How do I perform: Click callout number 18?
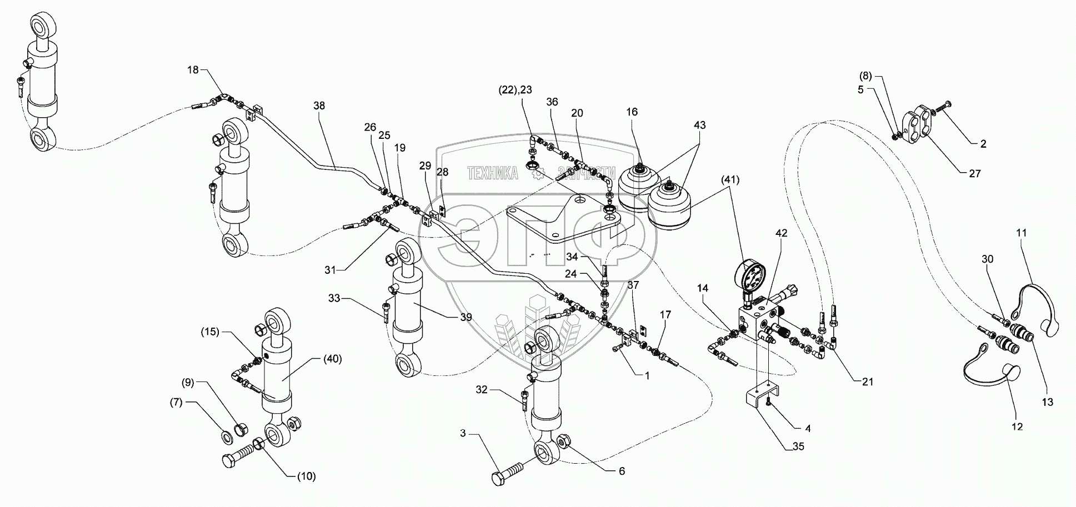point(192,70)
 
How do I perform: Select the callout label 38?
point(319,106)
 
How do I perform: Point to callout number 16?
point(632,112)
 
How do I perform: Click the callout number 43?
point(699,126)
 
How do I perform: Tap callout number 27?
point(975,174)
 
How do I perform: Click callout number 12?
point(1017,427)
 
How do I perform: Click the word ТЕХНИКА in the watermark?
point(492,174)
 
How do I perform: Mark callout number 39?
point(466,317)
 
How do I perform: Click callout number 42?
point(781,234)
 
